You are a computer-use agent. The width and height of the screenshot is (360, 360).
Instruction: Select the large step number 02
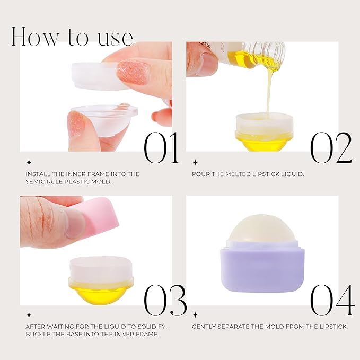tap(331, 147)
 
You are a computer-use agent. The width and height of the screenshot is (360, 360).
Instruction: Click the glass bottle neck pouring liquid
tap(268, 53)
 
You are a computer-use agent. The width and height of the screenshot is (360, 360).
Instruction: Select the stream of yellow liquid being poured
tap(270, 90)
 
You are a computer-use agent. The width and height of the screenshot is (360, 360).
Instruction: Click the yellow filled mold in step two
tap(264, 141)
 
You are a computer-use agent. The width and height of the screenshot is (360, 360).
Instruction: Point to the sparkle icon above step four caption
tap(195, 315)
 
